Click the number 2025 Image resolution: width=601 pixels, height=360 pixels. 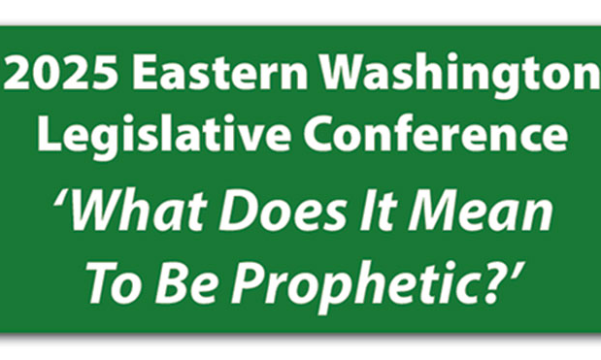point(60,72)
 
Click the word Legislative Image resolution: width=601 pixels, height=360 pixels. point(164,137)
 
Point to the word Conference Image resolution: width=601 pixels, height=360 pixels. point(435,135)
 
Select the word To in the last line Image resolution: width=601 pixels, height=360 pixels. point(114,283)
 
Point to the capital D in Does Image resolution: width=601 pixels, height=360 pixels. point(237,212)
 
